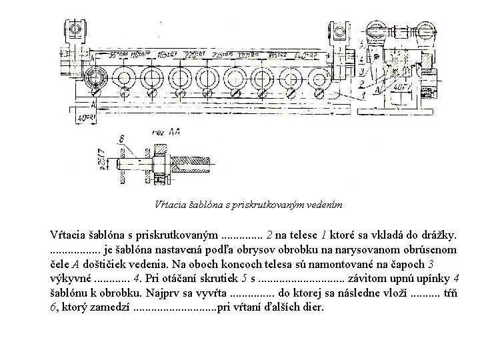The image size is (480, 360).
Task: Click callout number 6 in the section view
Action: coord(121,139)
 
